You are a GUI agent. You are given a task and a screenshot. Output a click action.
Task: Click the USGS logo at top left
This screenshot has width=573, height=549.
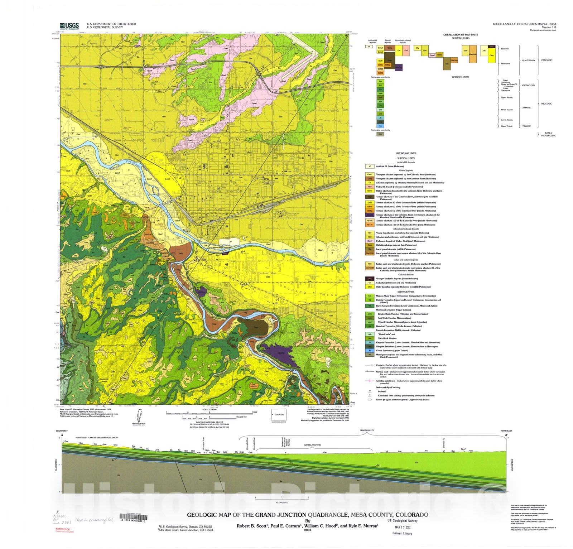[69, 25]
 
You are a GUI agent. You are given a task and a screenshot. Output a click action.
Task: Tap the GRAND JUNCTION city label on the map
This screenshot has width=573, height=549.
[226, 192]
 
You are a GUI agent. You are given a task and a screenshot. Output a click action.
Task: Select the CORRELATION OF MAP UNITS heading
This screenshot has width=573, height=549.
[461, 35]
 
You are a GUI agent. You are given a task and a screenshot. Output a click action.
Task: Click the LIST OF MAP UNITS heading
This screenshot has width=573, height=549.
[406, 153]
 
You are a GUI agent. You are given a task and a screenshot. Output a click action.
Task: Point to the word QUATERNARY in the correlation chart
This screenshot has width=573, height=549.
[528, 61]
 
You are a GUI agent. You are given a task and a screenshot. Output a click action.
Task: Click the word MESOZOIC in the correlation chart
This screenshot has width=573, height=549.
[546, 103]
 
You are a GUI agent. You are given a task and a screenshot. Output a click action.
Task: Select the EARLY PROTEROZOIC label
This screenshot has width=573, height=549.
[548, 134]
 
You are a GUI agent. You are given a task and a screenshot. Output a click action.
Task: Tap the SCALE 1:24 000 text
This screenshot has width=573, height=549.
[210, 409]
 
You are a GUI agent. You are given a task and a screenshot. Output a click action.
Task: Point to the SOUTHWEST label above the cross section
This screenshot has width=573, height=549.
[62, 431]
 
